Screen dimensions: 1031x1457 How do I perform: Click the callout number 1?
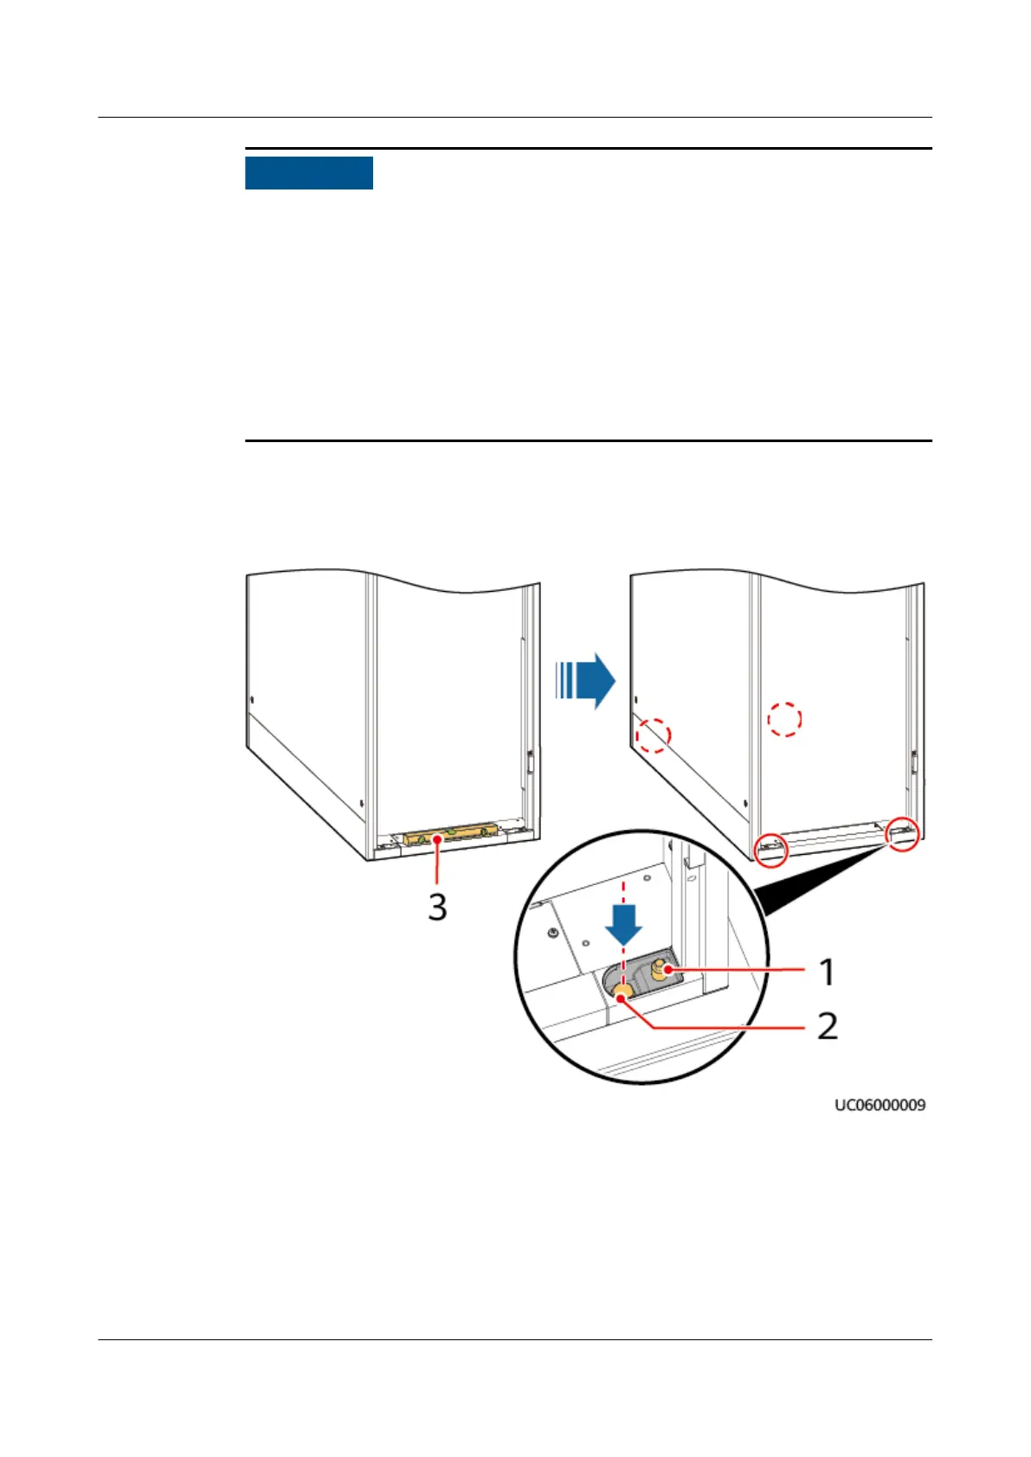pos(828,972)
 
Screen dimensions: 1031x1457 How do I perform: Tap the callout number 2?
pos(828,1026)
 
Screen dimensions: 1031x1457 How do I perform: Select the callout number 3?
pos(438,907)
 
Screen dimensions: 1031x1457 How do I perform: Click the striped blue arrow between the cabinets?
pos(585,681)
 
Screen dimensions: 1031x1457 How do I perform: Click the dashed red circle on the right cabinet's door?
pos(785,718)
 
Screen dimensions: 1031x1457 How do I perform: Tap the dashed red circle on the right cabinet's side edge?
pos(654,735)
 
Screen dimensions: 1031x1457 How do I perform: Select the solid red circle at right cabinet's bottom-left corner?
pos(770,850)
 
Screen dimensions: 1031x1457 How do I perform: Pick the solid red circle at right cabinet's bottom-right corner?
pos(904,833)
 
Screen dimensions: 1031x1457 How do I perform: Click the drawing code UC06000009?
pos(880,1105)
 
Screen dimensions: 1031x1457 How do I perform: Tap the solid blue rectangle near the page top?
pos(309,173)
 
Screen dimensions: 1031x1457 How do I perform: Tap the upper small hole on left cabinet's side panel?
pos(251,698)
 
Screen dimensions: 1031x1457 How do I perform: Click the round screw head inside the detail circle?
pos(552,934)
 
